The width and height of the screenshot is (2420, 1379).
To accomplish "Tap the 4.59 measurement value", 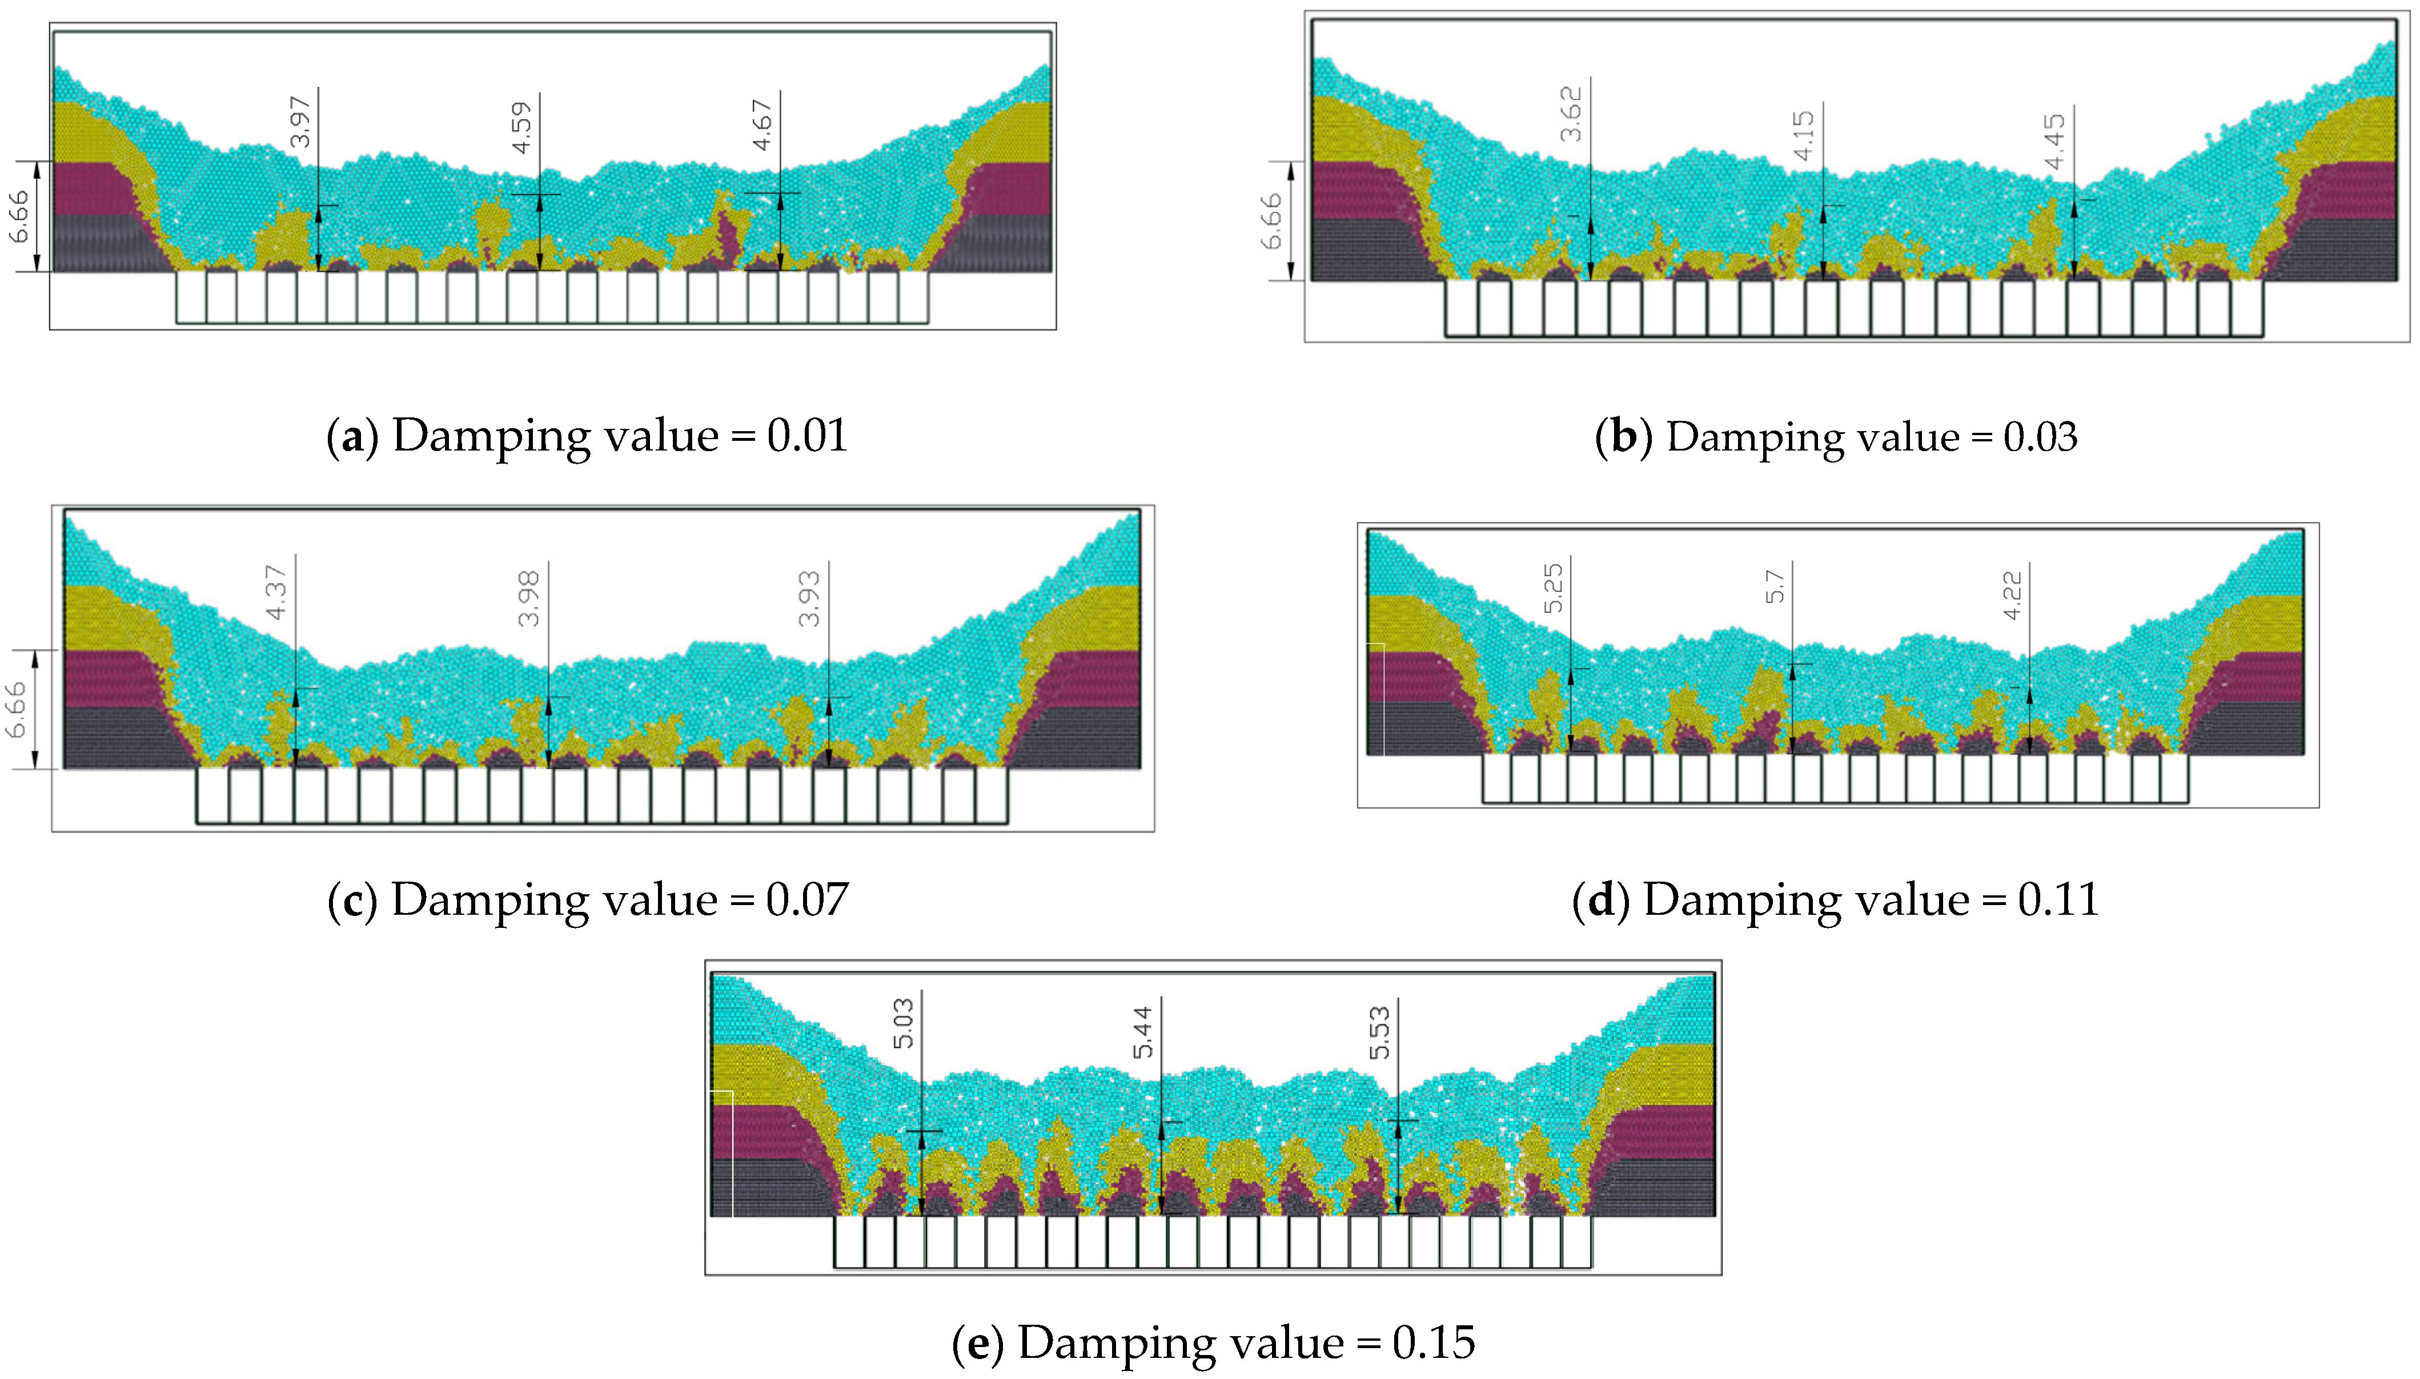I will click(x=521, y=128).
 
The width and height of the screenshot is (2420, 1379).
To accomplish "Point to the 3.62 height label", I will click(x=1570, y=114).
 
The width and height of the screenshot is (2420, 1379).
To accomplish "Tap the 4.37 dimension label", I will click(x=276, y=592).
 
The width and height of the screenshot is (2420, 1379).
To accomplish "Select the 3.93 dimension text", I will click(x=809, y=598).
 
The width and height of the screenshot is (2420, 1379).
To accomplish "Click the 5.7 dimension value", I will click(x=1775, y=586).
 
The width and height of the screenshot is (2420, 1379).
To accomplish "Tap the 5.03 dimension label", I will click(x=904, y=1023).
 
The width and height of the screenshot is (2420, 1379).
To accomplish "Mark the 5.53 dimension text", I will click(x=1380, y=1032).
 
